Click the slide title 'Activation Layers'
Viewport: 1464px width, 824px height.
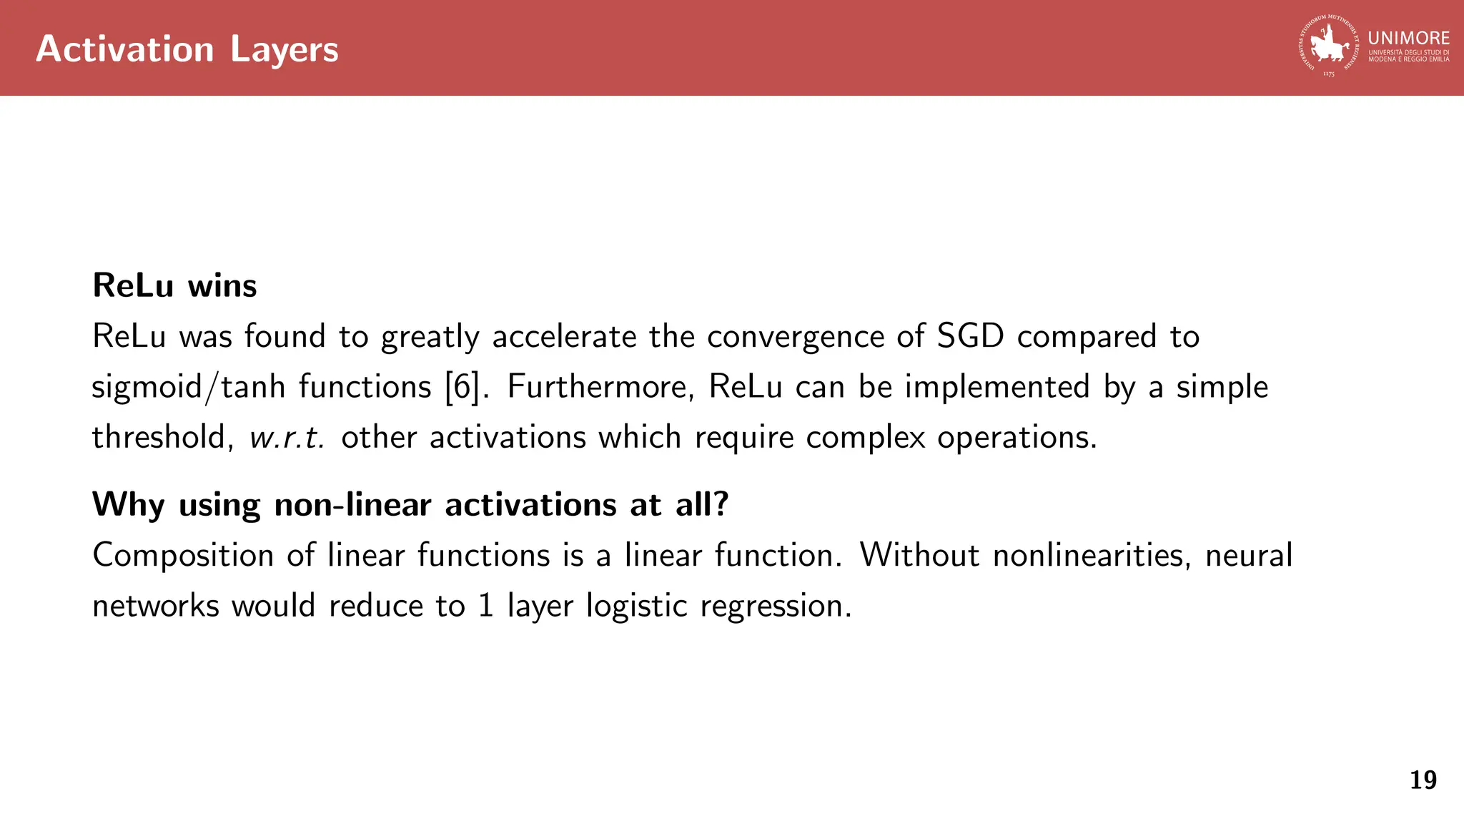(187, 49)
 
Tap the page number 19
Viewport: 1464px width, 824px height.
(1423, 780)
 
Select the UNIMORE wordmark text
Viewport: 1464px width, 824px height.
(1408, 39)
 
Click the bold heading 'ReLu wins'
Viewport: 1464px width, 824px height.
(174, 285)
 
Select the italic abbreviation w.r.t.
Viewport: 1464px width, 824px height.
(287, 438)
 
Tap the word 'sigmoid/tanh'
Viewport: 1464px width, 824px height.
(189, 387)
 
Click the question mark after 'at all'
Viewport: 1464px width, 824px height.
(721, 504)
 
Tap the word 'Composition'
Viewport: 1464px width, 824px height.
(183, 556)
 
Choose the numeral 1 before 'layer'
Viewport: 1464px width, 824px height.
(486, 606)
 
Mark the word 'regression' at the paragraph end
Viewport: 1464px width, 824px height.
(775, 607)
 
